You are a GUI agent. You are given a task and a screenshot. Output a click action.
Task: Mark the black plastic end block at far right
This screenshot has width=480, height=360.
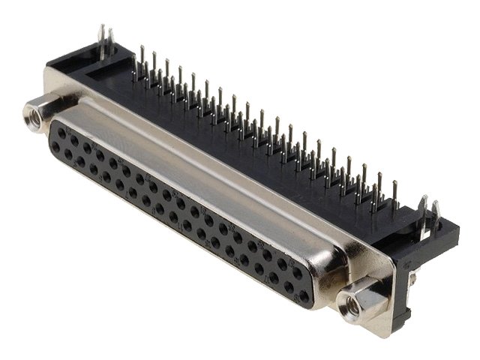coord(435,240)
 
